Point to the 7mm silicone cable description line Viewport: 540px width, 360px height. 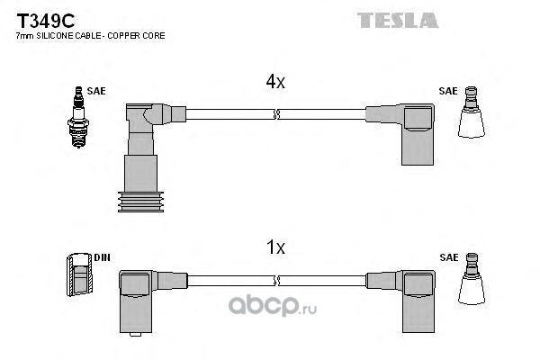coord(90,35)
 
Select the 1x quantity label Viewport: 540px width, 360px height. coord(274,247)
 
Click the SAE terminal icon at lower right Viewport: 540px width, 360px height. coord(471,283)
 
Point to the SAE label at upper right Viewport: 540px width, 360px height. coord(447,92)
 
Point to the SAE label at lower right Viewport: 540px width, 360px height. coord(447,257)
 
